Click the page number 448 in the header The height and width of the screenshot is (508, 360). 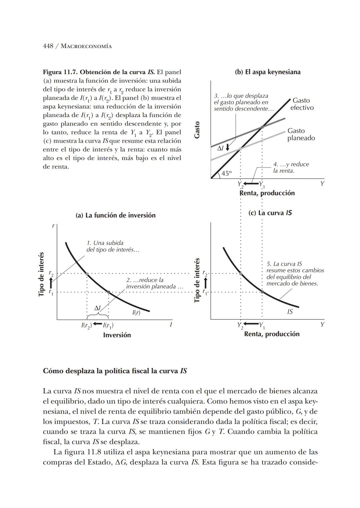pyautogui.click(x=48, y=46)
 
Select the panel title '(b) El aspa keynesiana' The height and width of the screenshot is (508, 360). pyautogui.click(x=267, y=72)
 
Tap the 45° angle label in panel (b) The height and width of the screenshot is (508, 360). pyautogui.click(x=226, y=173)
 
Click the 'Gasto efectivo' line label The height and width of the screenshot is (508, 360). pyautogui.click(x=302, y=104)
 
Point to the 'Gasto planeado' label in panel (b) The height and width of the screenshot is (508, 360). pyautogui.click(x=301, y=134)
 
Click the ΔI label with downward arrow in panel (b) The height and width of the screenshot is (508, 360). pyautogui.click(x=223, y=148)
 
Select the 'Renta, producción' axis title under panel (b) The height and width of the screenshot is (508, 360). pyautogui.click(x=267, y=193)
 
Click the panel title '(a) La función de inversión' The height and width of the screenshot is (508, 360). pyautogui.click(x=116, y=215)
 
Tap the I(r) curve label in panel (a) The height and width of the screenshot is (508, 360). pyautogui.click(x=136, y=313)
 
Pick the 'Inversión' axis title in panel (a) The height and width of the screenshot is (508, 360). pyautogui.click(x=117, y=335)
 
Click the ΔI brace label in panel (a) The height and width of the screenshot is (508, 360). pyautogui.click(x=97, y=309)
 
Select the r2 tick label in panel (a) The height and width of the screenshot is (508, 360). pyautogui.click(x=51, y=273)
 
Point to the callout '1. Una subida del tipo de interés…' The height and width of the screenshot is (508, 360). pyautogui.click(x=110, y=246)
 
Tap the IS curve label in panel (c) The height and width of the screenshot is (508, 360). pyautogui.click(x=290, y=312)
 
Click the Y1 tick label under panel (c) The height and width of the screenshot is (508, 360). pyautogui.click(x=262, y=325)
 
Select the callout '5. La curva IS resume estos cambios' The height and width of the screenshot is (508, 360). pyautogui.click(x=295, y=274)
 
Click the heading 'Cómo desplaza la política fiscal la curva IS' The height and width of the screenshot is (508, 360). pyautogui.click(x=115, y=371)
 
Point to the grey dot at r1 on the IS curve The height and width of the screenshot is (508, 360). pyautogui.click(x=262, y=292)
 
